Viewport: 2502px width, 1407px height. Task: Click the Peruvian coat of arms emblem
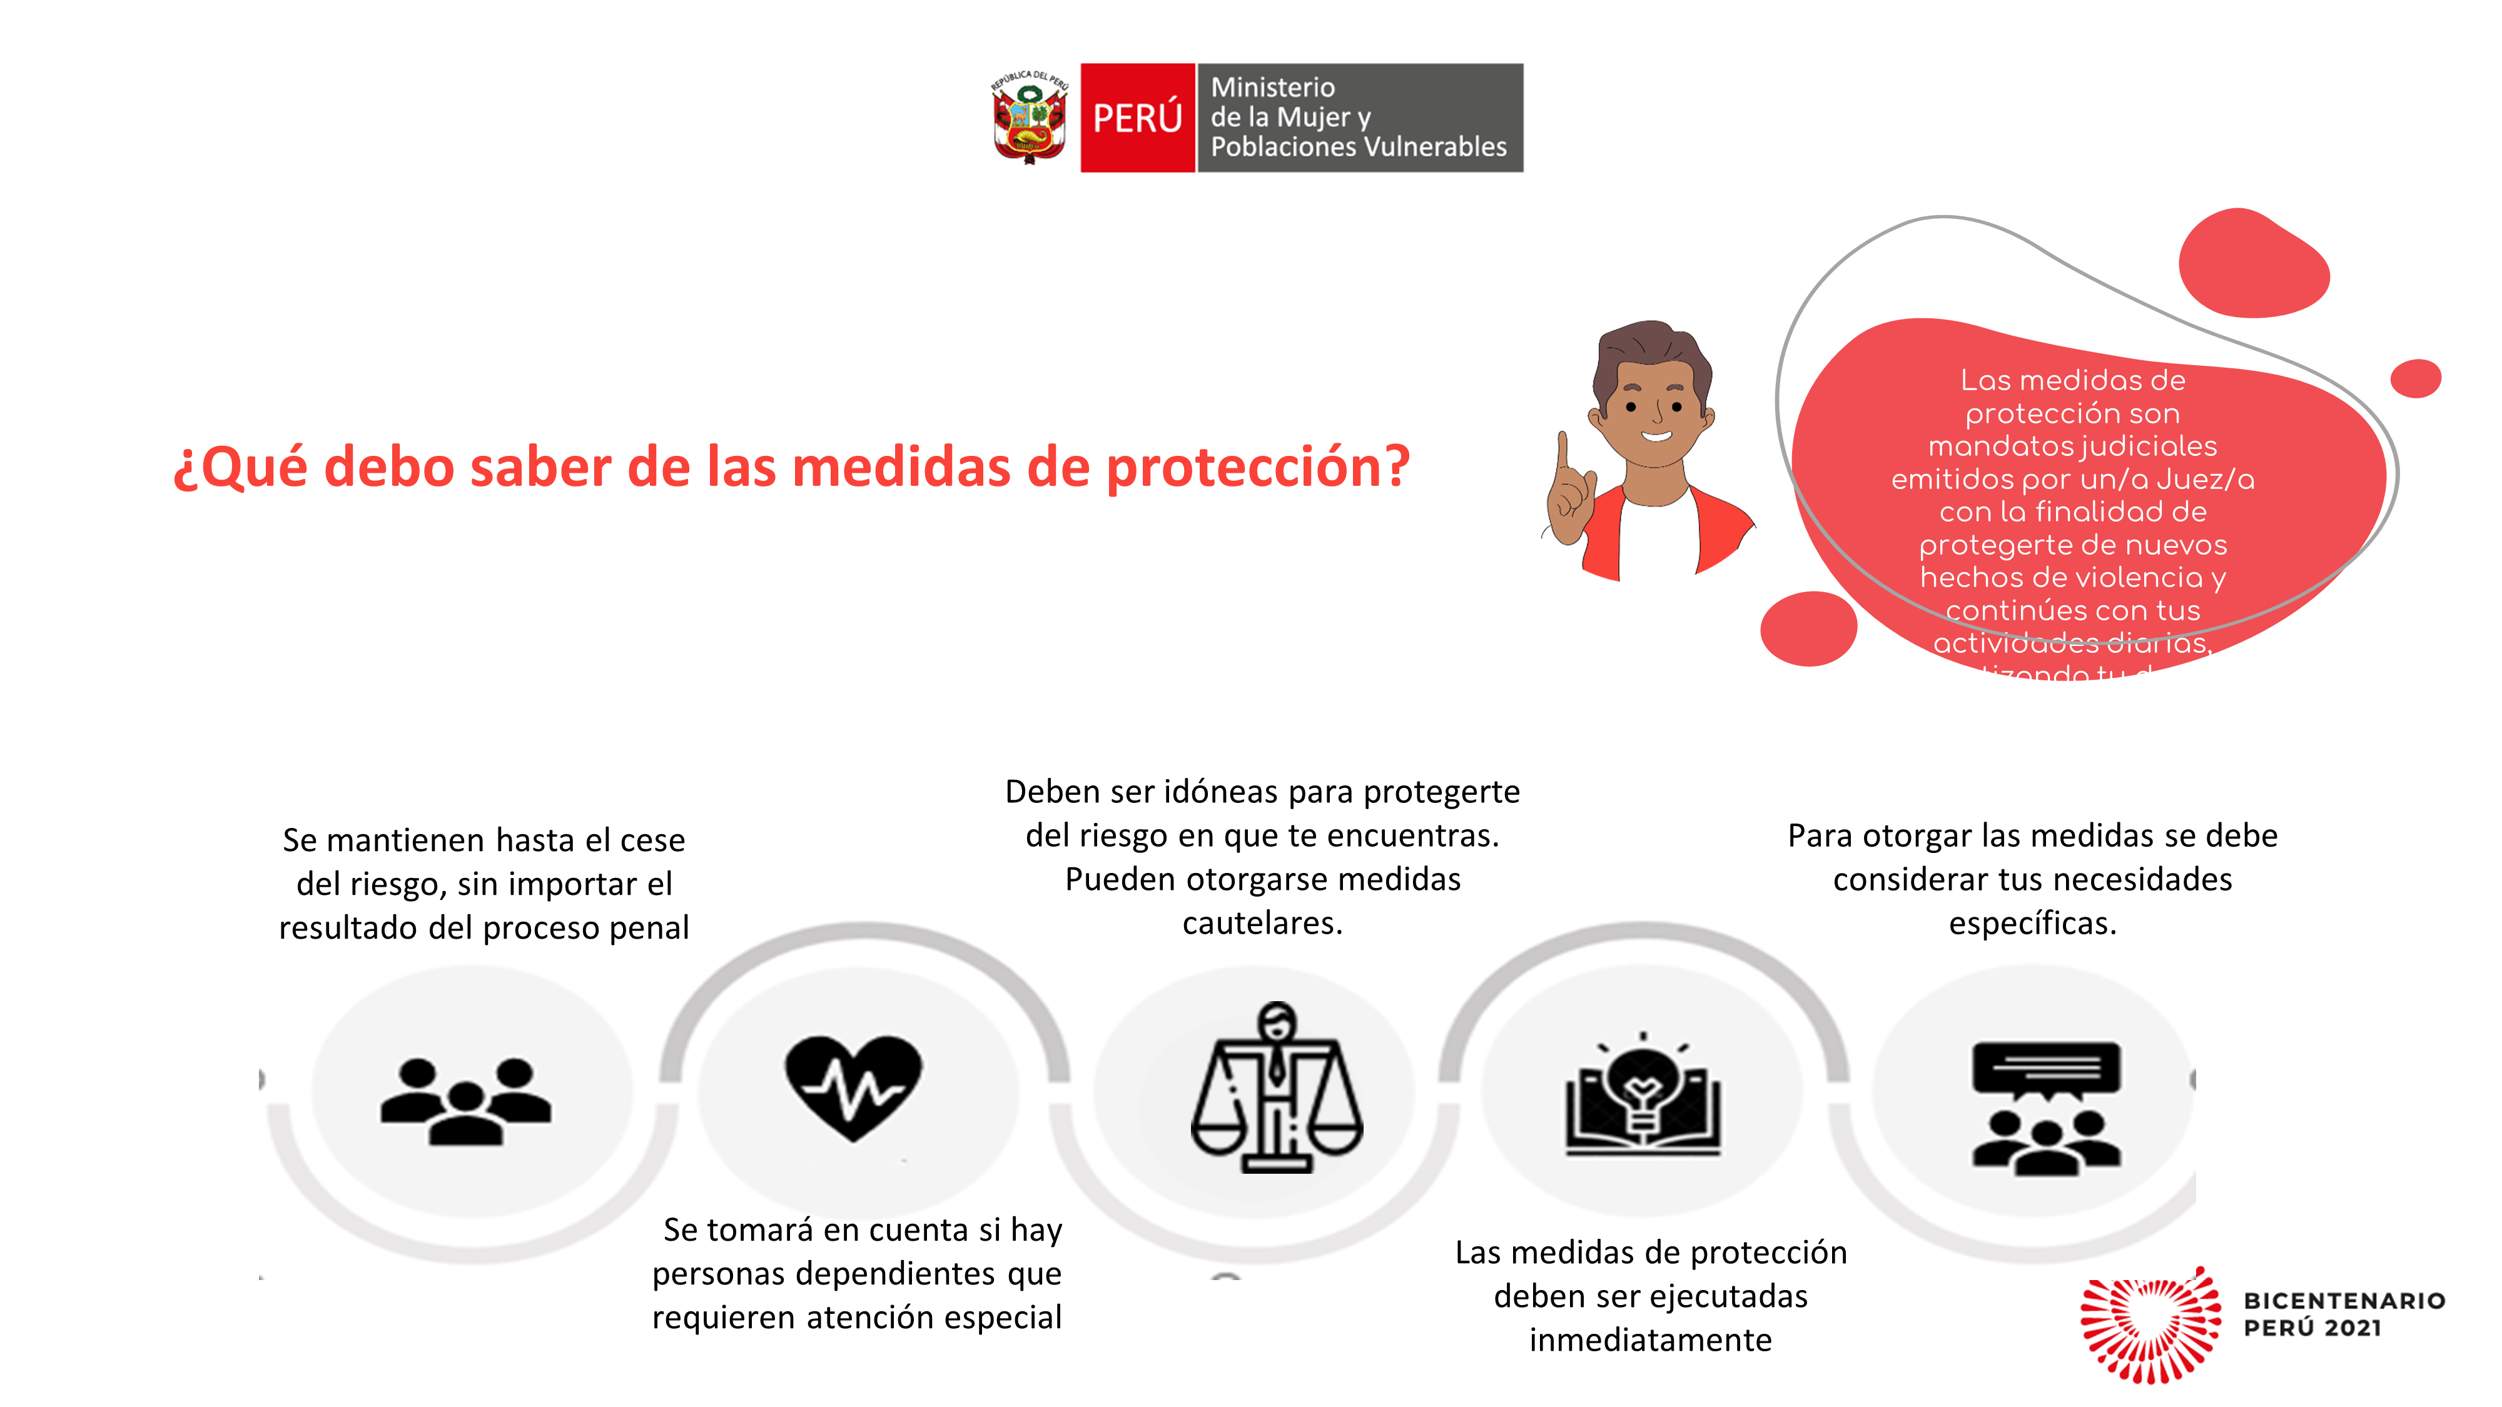click(x=1030, y=118)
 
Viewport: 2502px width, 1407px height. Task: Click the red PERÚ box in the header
click(x=1137, y=118)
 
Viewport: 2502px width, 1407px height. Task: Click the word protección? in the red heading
click(x=1258, y=468)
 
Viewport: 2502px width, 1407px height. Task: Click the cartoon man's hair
click(x=1651, y=350)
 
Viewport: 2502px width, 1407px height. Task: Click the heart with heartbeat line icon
click(x=853, y=1086)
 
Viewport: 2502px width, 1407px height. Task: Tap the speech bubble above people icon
click(x=2045, y=1073)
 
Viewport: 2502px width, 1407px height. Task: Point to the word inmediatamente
click(x=1649, y=1341)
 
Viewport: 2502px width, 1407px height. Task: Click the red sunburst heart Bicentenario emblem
click(x=2149, y=1326)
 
